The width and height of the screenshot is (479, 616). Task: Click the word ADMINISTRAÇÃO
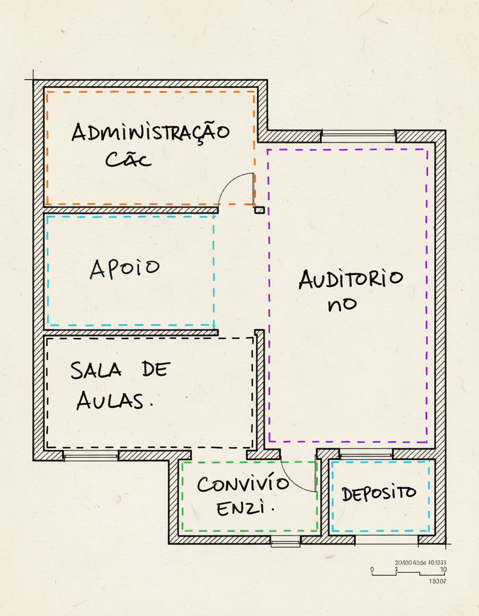[x=151, y=132]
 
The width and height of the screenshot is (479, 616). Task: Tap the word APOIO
[x=125, y=268]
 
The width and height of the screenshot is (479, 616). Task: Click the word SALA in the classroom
[x=96, y=370]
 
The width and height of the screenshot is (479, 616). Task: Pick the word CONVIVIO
[x=243, y=485]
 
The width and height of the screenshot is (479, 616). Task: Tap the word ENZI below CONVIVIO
[x=243, y=509]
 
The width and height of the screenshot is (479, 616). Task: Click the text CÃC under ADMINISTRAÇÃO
[x=128, y=159]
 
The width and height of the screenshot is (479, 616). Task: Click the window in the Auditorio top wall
[x=358, y=136]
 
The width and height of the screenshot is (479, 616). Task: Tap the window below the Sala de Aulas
[x=91, y=456]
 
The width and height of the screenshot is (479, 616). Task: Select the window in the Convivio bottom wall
[x=285, y=541]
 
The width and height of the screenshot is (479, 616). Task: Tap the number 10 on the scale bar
[x=443, y=569]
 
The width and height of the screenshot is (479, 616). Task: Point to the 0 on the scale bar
[x=373, y=569]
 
